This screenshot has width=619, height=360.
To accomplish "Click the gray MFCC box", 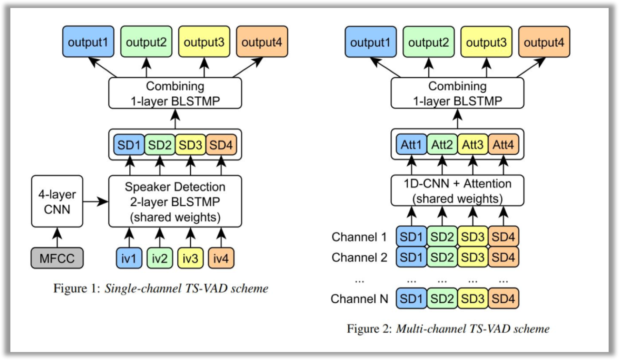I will (57, 258).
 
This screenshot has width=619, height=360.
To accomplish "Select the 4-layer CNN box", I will (57, 202).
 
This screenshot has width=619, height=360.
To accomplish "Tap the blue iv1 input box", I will (129, 258).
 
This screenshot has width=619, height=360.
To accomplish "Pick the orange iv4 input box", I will (220, 258).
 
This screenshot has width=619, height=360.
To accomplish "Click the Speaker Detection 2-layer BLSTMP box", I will (175, 202).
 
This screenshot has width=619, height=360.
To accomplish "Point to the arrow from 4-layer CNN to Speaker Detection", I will (95, 202).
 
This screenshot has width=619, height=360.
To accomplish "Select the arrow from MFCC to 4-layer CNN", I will (57, 237).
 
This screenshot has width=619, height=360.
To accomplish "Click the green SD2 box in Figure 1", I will (159, 145).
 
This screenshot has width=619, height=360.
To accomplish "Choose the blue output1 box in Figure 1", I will (88, 42).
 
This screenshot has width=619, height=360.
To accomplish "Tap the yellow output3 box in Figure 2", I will (486, 42).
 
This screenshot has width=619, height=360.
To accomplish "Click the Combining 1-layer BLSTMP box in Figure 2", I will (457, 93).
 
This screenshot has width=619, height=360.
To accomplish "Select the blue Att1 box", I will (411, 145).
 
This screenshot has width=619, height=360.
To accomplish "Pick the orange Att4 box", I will (503, 145).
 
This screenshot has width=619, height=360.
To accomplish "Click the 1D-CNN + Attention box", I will (457, 191).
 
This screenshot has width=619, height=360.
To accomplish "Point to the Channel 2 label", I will (359, 257).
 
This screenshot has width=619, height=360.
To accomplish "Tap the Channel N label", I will (359, 299).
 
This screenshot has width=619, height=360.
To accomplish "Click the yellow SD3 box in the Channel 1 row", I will (472, 237).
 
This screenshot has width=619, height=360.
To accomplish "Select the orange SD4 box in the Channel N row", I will (503, 299).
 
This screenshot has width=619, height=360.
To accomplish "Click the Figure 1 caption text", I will (161, 288).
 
